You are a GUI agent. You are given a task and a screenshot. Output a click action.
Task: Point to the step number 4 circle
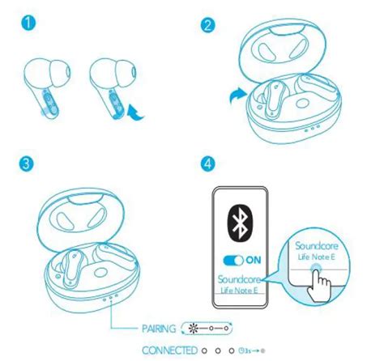coord(210,163)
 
